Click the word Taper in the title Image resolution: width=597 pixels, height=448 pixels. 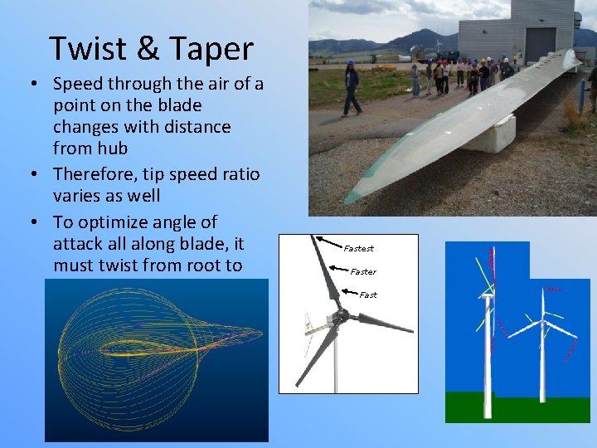pyautogui.click(x=211, y=50)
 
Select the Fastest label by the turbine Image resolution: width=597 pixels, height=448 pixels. pyautogui.click(x=359, y=248)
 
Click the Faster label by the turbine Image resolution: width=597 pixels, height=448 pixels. pyautogui.click(x=363, y=271)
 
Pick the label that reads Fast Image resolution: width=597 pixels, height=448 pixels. pyautogui.click(x=368, y=295)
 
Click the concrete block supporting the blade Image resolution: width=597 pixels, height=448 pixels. pyautogui.click(x=488, y=135)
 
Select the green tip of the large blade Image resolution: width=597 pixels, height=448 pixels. pyautogui.click(x=352, y=197)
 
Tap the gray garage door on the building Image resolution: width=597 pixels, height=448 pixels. pyautogui.click(x=541, y=46)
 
